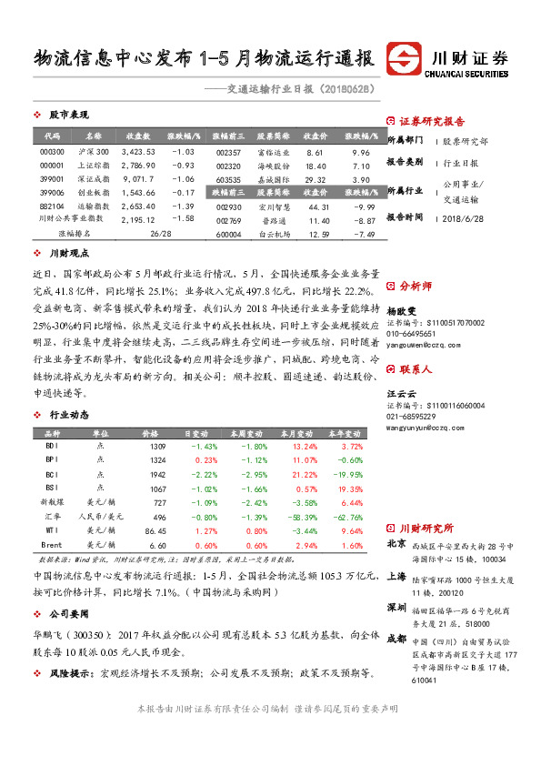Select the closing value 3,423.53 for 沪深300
(x=138, y=151)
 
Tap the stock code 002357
(x=230, y=151)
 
